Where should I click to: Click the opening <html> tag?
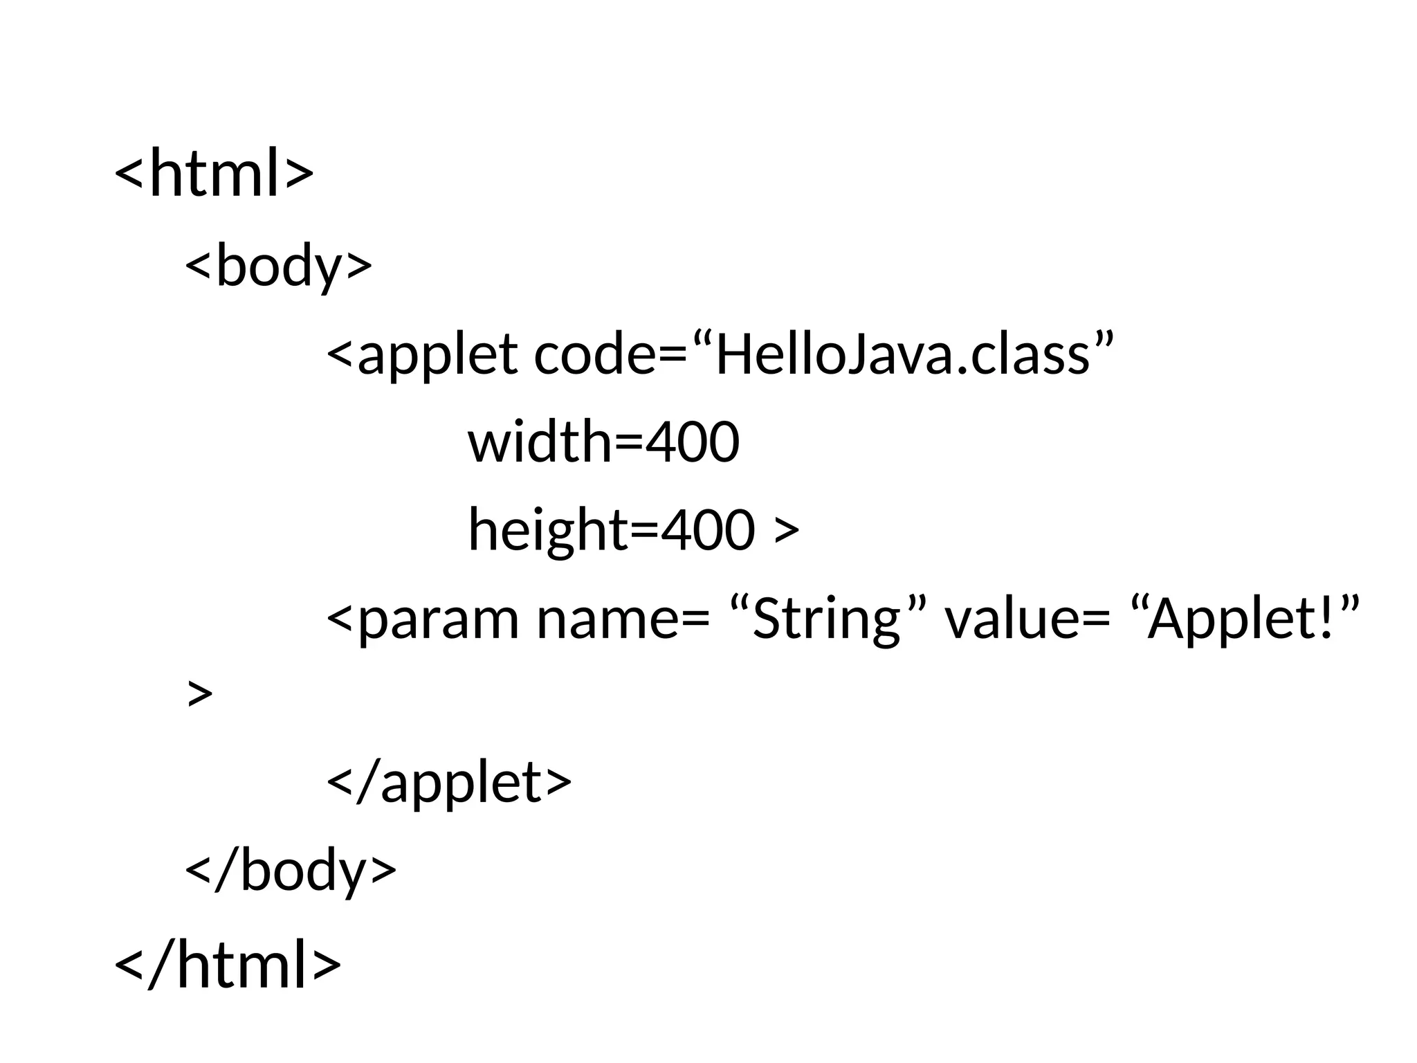[214, 173]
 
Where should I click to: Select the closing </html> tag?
[228, 965]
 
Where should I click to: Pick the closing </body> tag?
[291, 869]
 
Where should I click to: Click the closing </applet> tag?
[449, 782]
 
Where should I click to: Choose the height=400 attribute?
[611, 530]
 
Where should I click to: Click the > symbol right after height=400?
[787, 530]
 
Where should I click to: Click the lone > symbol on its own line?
[200, 693]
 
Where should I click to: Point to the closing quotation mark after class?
[1104, 339]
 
